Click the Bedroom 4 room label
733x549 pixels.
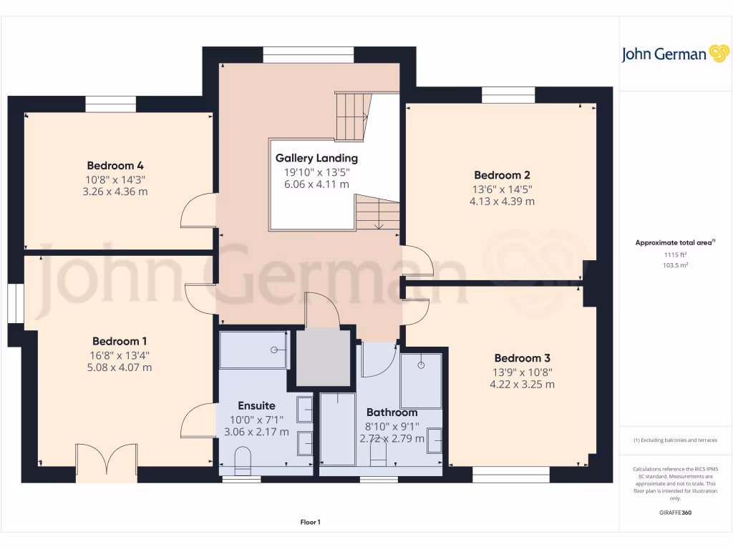[115, 165]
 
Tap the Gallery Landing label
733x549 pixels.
[316, 158]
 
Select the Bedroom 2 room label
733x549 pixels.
[502, 175]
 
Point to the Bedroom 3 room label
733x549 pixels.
[522, 358]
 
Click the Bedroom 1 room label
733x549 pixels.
[120, 341]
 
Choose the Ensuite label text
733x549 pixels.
[256, 405]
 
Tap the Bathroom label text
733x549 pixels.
[392, 412]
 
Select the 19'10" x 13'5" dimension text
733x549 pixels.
[316, 172]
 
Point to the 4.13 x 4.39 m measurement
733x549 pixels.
[502, 202]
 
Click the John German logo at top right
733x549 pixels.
[674, 54]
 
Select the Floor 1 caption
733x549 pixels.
[310, 523]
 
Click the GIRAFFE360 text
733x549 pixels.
[675, 513]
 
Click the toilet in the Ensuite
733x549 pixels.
[243, 460]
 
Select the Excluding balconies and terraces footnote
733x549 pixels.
[675, 440]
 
